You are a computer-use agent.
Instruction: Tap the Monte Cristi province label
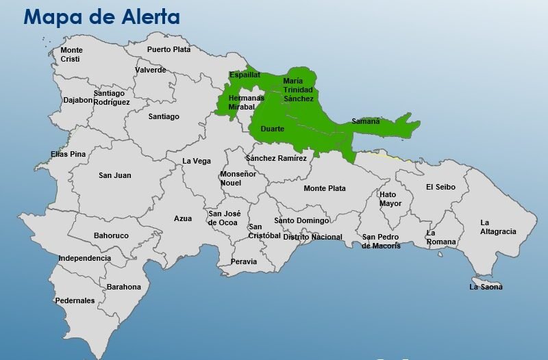[x=71, y=55]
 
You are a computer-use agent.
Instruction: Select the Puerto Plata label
[x=169, y=49]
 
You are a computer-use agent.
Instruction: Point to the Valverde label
[x=150, y=70]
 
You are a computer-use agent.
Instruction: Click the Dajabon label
[x=77, y=100]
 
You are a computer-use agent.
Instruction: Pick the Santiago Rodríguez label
[x=112, y=98]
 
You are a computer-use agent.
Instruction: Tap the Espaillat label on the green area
[x=245, y=75]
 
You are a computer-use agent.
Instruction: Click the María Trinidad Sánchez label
[x=298, y=90]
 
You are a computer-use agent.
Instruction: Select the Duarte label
[x=272, y=129]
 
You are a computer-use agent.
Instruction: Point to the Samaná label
[x=365, y=121]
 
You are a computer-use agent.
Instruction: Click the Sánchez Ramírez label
[x=276, y=159]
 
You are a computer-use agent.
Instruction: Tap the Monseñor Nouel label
[x=238, y=179]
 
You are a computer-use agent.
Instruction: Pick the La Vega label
[x=197, y=162]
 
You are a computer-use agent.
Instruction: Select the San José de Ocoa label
[x=223, y=218]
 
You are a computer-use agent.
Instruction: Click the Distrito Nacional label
[x=312, y=237]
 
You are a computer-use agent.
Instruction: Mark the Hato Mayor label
[x=390, y=198]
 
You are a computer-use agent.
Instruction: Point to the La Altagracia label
[x=498, y=227]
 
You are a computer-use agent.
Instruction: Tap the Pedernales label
[x=75, y=300]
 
